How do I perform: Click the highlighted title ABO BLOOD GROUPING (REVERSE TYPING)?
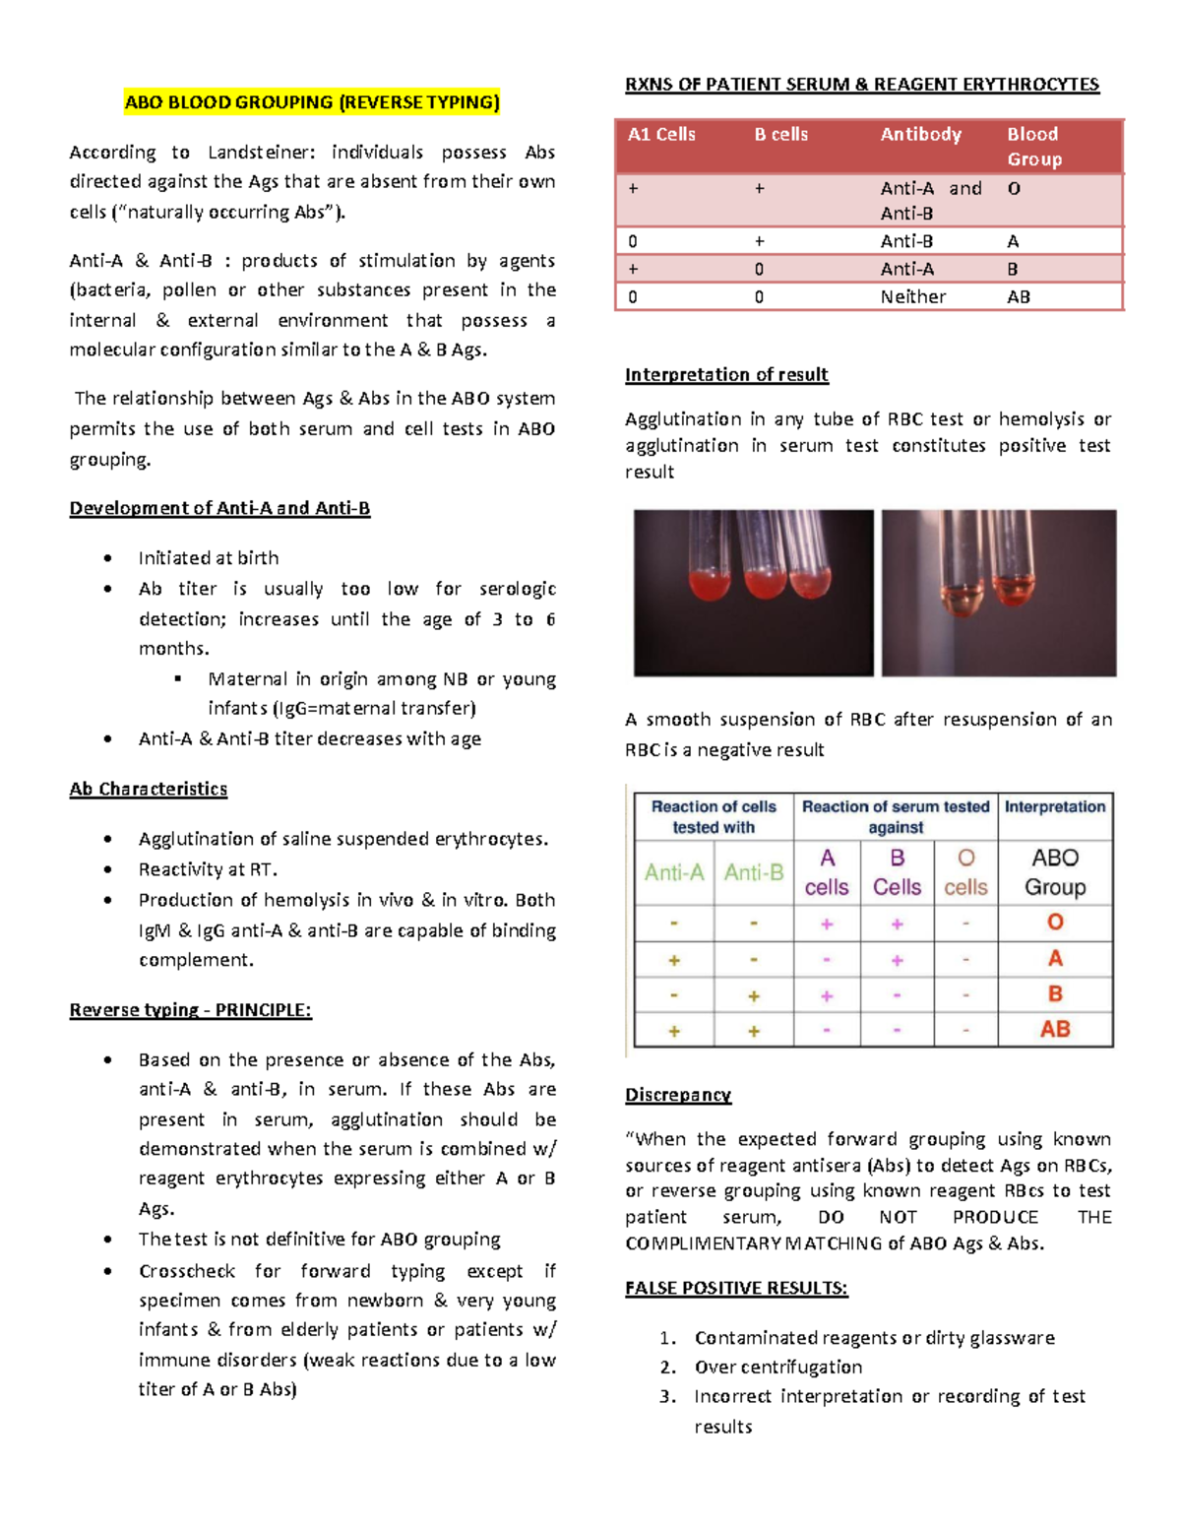coord(312,102)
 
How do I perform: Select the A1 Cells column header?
coord(661,135)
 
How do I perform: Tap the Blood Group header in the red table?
coord(1033,147)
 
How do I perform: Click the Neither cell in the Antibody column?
coord(912,297)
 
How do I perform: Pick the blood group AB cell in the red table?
coord(1018,297)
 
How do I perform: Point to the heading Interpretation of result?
coord(726,375)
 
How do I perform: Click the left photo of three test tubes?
coord(753,593)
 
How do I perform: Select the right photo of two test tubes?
coord(999,593)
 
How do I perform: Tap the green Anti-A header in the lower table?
coord(674,872)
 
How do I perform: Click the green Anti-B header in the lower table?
coord(754,872)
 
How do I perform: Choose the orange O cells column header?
coord(965,872)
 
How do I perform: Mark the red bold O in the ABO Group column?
coord(1055,923)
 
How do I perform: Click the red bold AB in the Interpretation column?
coord(1055,1030)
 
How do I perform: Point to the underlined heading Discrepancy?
coord(678,1095)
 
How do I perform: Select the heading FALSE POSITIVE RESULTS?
coord(736,1288)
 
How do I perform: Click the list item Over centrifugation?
coord(777,1368)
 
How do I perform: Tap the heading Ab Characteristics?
coord(149,790)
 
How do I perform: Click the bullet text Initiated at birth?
coord(209,558)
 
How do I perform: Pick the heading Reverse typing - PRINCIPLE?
coord(190,1010)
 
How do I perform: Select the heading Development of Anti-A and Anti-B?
coord(219,509)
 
